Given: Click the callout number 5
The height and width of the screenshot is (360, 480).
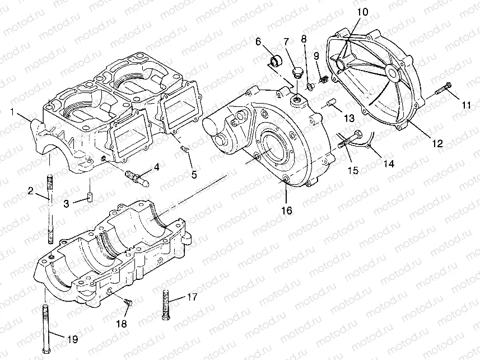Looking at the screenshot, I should coord(194,175).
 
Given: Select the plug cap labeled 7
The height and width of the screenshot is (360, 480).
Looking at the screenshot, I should coord(297,72).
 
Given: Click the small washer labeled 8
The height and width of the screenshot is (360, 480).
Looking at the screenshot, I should coord(308,86).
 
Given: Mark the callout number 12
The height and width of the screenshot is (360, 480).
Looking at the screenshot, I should coord(437,143).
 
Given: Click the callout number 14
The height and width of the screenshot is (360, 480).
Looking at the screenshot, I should coord(388,164).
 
